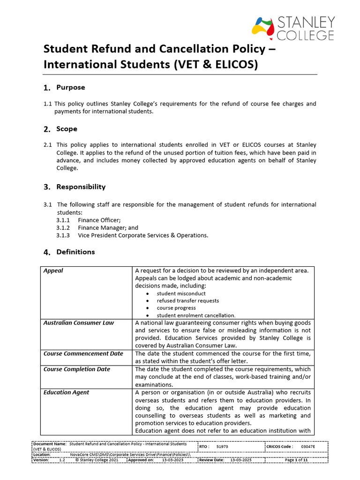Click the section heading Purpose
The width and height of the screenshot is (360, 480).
(x=70, y=88)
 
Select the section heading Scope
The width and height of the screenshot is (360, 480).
(x=67, y=129)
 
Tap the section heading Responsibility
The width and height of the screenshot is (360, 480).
(x=81, y=187)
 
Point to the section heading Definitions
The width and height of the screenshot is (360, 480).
(x=75, y=252)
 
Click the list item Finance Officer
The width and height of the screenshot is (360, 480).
(x=99, y=220)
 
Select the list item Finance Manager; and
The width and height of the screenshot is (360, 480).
(x=108, y=227)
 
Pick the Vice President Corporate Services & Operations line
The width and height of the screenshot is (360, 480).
(x=143, y=235)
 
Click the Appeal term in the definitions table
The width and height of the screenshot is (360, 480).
(x=53, y=271)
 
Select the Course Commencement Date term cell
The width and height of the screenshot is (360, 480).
(x=83, y=354)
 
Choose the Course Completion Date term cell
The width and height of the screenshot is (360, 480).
(x=76, y=369)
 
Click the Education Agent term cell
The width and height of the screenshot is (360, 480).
(x=66, y=392)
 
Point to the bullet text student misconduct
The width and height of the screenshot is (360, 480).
(x=181, y=293)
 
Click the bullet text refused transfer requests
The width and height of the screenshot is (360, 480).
(x=187, y=300)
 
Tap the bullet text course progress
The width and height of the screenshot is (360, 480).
(x=176, y=308)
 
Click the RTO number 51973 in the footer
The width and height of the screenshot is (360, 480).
(x=222, y=447)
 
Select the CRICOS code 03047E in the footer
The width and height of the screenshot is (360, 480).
(x=308, y=447)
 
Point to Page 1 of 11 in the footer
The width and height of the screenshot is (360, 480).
(x=296, y=460)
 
